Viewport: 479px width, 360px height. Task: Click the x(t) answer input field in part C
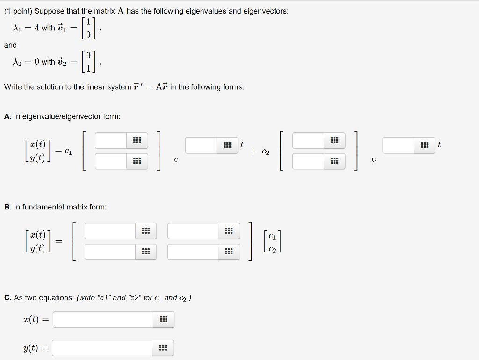coord(103,320)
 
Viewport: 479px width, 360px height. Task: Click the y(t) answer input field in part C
coord(102,348)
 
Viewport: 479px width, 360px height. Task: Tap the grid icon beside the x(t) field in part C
coord(163,320)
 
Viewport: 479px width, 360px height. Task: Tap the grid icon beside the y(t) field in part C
coord(163,348)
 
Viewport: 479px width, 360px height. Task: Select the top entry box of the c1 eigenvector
coord(111,140)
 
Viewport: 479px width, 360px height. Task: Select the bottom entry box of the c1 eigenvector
coord(111,161)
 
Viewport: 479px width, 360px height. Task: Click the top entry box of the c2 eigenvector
coord(308,140)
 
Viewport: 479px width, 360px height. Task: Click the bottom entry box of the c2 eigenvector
coord(308,161)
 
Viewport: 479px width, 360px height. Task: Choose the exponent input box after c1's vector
coord(201,145)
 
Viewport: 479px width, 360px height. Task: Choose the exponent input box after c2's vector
coord(399,145)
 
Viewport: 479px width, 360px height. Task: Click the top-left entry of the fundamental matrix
coord(110,231)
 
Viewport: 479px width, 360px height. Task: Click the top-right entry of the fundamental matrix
coord(193,231)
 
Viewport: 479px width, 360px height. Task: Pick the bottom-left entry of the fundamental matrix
coord(110,252)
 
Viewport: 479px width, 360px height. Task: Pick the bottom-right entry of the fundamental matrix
coord(193,252)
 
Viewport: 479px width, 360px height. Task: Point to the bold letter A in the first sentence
coord(121,11)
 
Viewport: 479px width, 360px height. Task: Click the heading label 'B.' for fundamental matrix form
coord(8,207)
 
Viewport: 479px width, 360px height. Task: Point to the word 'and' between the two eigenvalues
coord(10,45)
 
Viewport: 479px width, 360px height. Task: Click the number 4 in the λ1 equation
coord(36,28)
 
